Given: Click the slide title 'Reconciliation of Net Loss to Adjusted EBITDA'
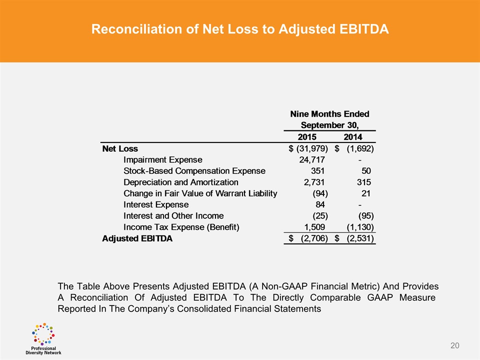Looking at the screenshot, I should coord(240,29).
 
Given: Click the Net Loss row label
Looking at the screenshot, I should coord(120,148).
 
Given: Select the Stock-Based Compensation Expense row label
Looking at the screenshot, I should coord(194,171).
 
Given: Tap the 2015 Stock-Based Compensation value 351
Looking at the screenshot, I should coord(318,171).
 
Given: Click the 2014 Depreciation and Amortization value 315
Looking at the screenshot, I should coord(363,182).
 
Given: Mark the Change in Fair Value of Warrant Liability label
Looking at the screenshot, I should coord(200,193).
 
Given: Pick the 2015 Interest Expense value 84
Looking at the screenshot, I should coord(320,204).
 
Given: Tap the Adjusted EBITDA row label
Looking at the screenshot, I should coord(137,238).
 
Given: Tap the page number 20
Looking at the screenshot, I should coord(454,345).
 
